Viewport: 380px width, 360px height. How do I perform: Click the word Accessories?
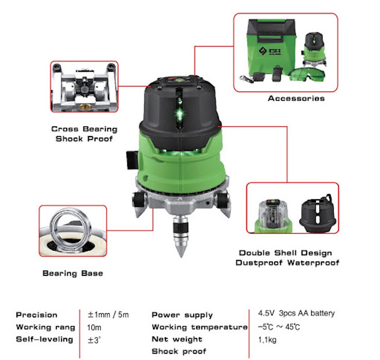296,98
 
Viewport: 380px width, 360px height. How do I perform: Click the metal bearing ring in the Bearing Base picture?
70,228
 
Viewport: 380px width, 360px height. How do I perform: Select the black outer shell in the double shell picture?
317,213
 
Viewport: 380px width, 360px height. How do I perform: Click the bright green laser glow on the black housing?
179,113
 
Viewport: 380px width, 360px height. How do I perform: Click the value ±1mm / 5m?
108,315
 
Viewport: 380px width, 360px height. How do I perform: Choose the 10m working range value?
94,328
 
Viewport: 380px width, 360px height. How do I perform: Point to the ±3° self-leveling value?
94,340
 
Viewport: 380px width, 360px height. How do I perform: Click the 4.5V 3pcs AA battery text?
296,313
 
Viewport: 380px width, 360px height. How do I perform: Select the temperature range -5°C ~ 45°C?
279,327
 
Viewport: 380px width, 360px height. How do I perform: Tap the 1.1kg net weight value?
267,340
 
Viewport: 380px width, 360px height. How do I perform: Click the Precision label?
36,315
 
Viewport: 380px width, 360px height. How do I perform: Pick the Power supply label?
182,315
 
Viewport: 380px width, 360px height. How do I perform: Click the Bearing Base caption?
73,273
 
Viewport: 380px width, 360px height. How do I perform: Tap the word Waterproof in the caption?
313,262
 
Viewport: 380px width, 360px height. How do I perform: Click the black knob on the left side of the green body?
132,160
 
